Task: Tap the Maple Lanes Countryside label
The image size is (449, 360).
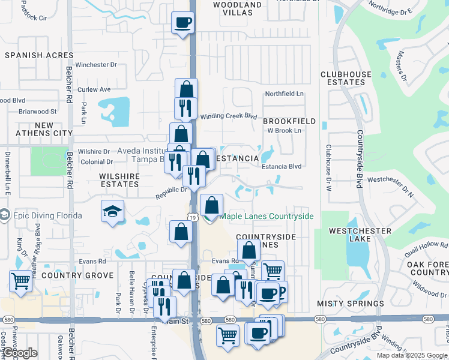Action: [x=267, y=216]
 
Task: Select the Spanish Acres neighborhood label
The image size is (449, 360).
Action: [x=31, y=55]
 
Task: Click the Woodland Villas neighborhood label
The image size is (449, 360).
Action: [x=238, y=9]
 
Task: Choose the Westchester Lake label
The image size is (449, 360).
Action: [x=360, y=236]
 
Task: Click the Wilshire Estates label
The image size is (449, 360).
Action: [x=120, y=180]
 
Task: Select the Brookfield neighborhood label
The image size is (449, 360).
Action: [x=289, y=121]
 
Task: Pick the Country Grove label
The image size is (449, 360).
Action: [x=77, y=275]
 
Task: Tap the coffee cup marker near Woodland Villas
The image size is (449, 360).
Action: [x=183, y=23]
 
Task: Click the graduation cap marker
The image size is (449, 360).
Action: [x=112, y=212]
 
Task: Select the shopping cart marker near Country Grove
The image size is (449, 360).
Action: [x=20, y=280]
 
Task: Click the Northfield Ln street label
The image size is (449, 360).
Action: [x=285, y=94]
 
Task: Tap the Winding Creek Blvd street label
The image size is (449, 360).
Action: [x=228, y=116]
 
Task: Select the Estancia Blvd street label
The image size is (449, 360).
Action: [x=281, y=167]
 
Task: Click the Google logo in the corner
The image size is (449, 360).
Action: [x=20, y=353]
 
